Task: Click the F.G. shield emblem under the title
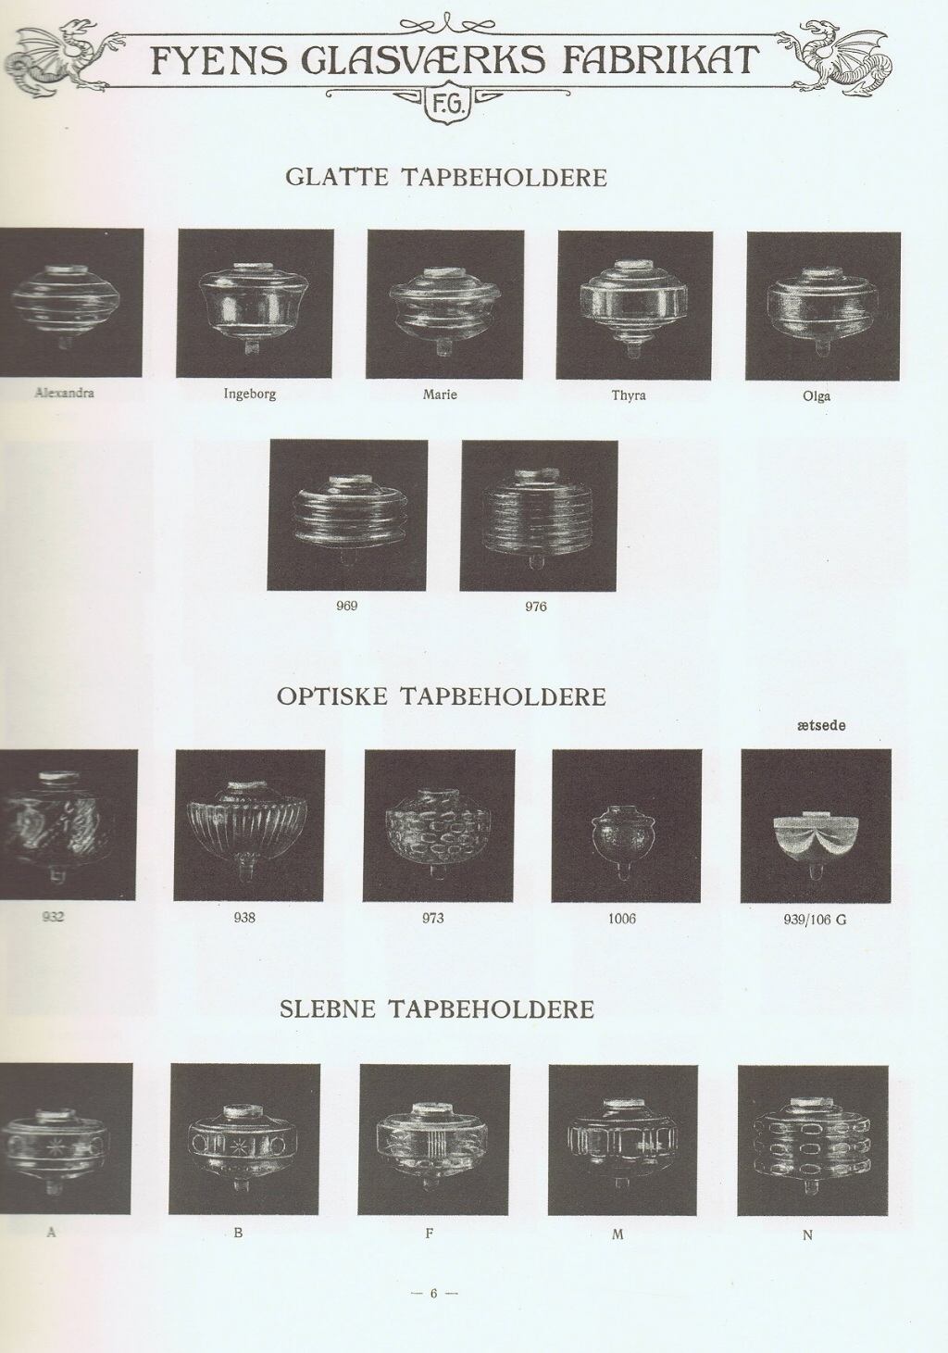click(x=448, y=106)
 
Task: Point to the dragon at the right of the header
click(x=842, y=58)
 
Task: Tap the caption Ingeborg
click(x=250, y=395)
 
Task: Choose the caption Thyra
click(x=629, y=395)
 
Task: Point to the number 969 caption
click(x=346, y=606)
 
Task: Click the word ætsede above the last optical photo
click(x=821, y=725)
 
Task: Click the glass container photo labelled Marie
click(x=445, y=305)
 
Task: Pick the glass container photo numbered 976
click(x=539, y=515)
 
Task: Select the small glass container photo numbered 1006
click(x=627, y=826)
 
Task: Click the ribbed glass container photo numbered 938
click(x=249, y=826)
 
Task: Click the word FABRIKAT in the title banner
click(x=659, y=60)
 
